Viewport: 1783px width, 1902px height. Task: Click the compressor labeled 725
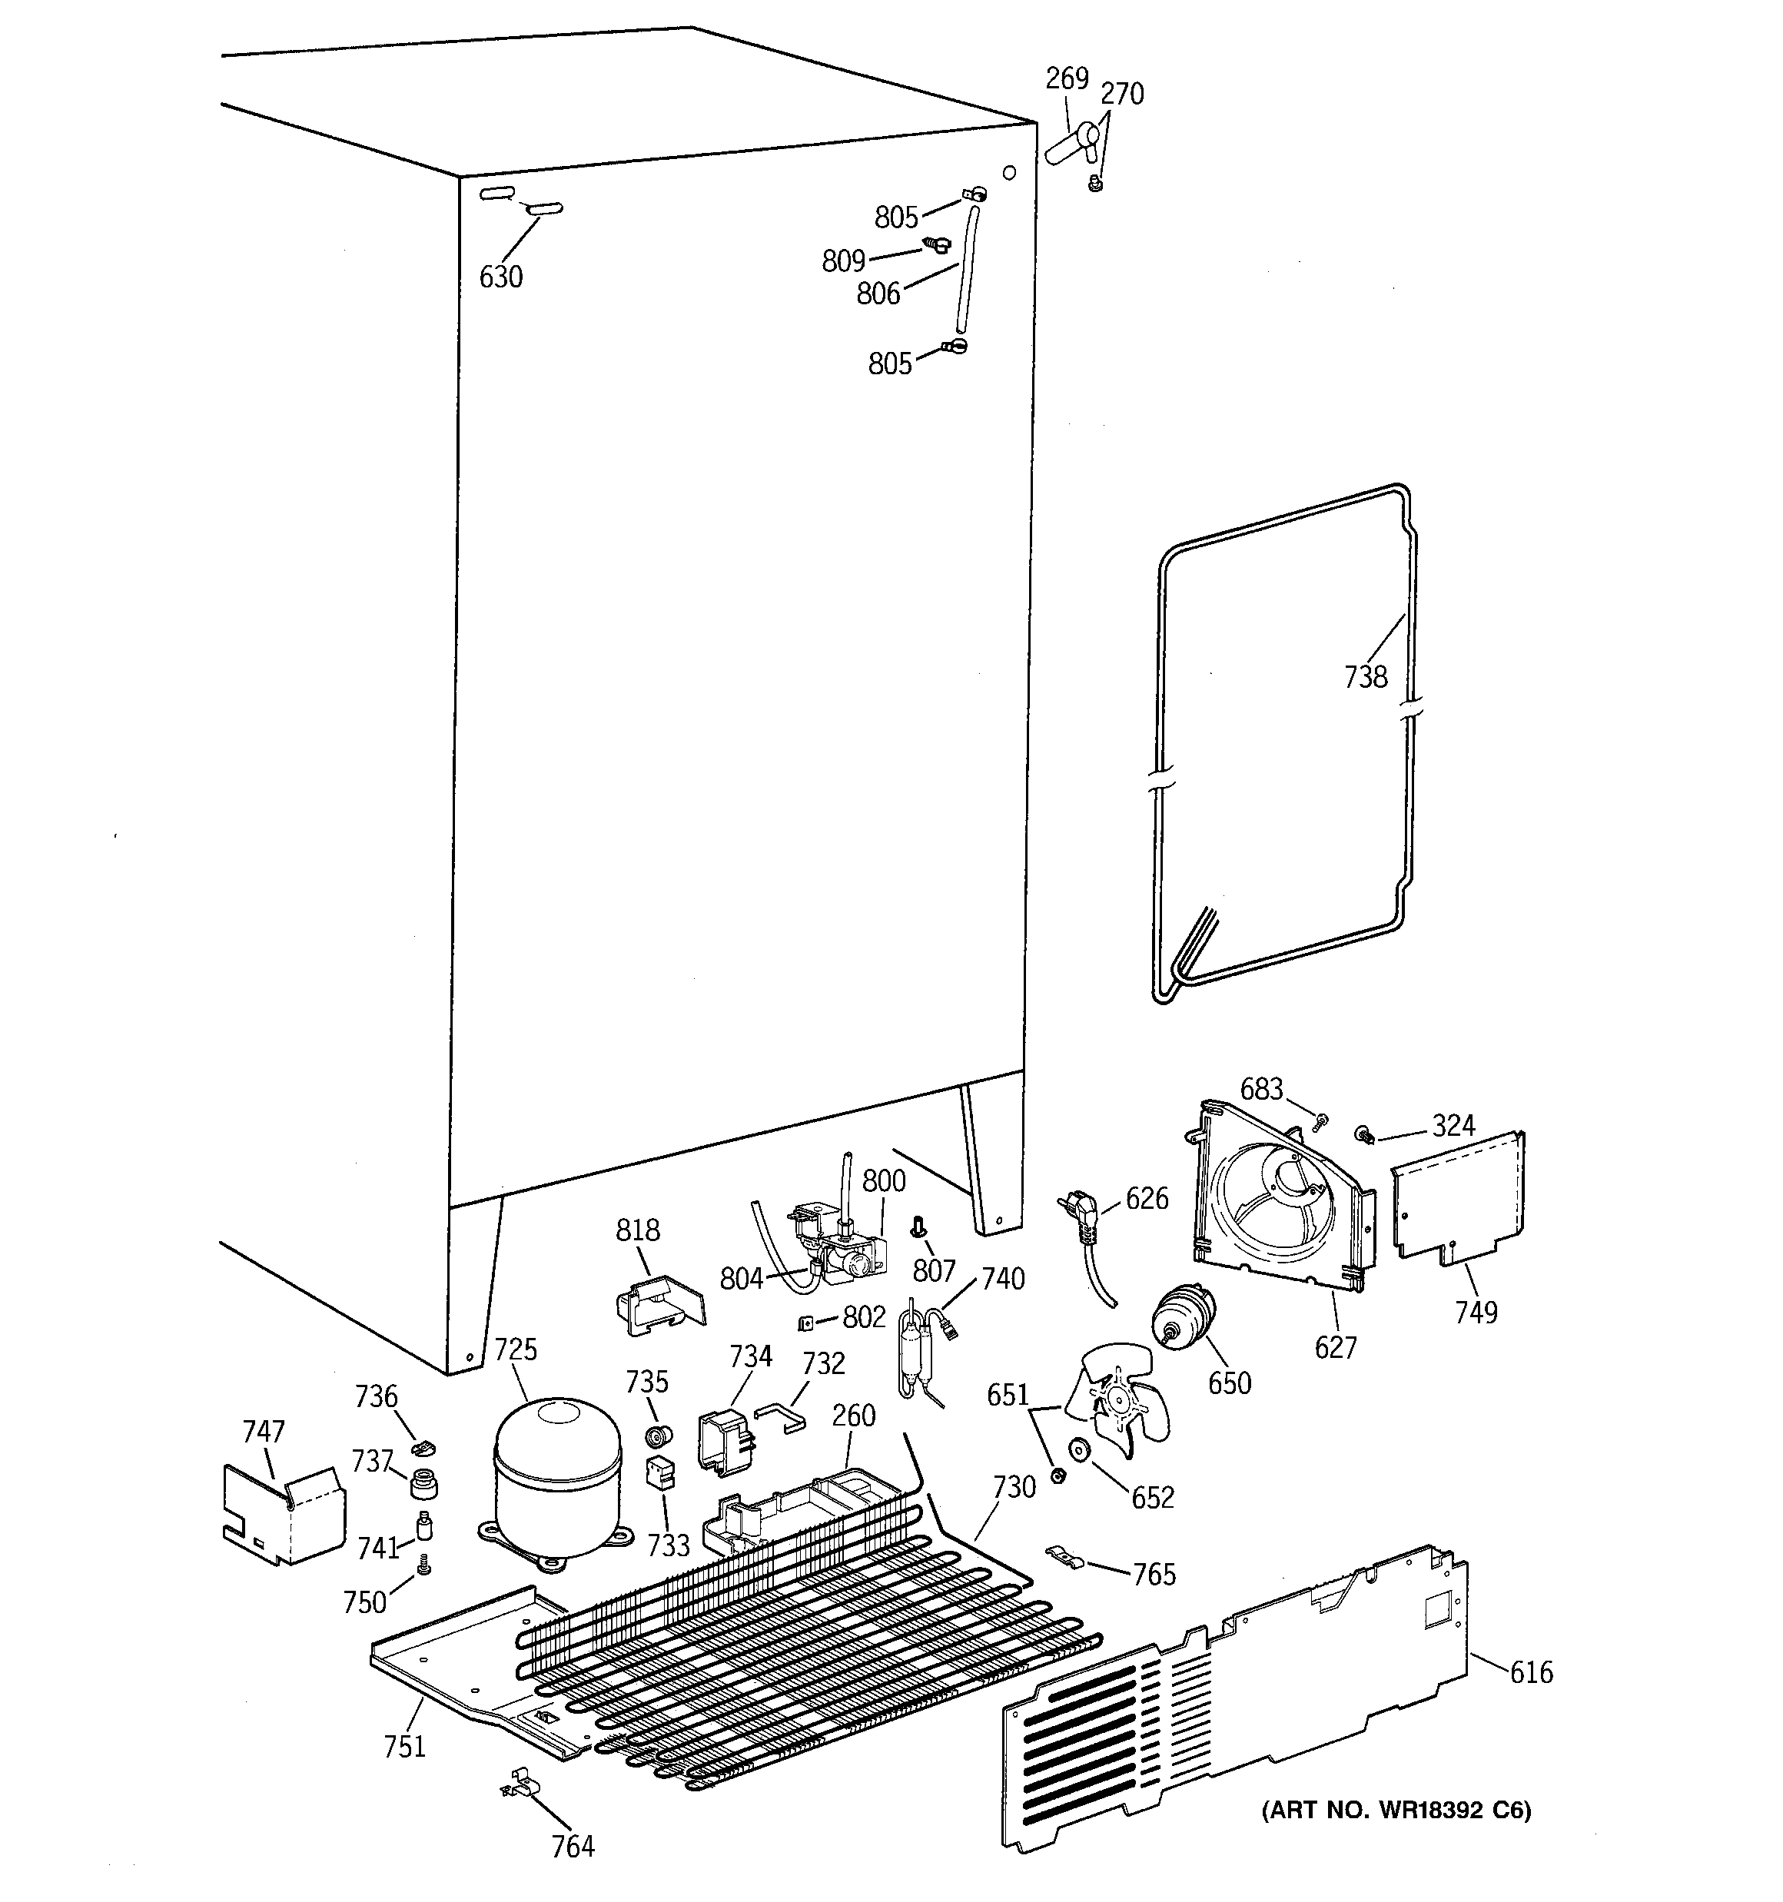(557, 1473)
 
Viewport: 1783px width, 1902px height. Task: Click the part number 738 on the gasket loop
(1365, 677)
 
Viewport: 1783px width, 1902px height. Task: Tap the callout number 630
(500, 277)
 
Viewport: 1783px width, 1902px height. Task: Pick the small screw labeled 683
(1322, 1120)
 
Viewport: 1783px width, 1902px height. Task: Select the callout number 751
(404, 1747)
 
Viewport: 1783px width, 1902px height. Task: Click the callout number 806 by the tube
(878, 294)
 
